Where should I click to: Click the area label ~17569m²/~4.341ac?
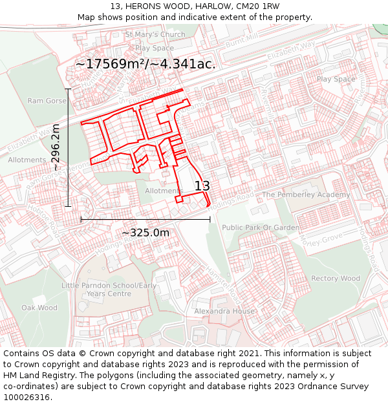pyautogui.click(x=145, y=64)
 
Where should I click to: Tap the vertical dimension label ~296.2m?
pyautogui.click(x=56, y=148)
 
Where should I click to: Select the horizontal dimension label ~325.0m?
pyautogui.click(x=145, y=233)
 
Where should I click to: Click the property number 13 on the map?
pyautogui.click(x=202, y=186)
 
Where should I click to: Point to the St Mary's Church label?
pyautogui.click(x=155, y=34)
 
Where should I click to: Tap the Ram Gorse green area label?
pyautogui.click(x=47, y=101)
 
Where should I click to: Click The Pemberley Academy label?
pyautogui.click(x=306, y=195)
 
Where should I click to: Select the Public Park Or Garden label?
pyautogui.click(x=261, y=228)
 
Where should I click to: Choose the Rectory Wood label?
pyautogui.click(x=336, y=279)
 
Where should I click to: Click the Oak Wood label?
pyautogui.click(x=39, y=308)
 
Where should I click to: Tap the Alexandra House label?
pyautogui.click(x=224, y=311)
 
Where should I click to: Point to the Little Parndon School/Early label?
pyautogui.click(x=109, y=285)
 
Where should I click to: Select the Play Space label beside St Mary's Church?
pyautogui.click(x=155, y=48)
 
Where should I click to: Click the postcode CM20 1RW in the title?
pyautogui.click(x=257, y=6)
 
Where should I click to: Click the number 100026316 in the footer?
pyautogui.click(x=27, y=398)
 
